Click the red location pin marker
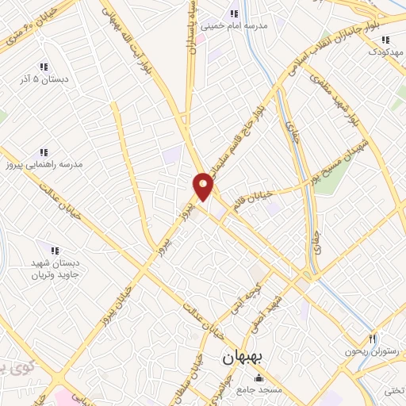(x=203, y=186)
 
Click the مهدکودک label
(x=385, y=52)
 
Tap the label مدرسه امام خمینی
(x=237, y=25)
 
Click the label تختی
(x=393, y=389)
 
